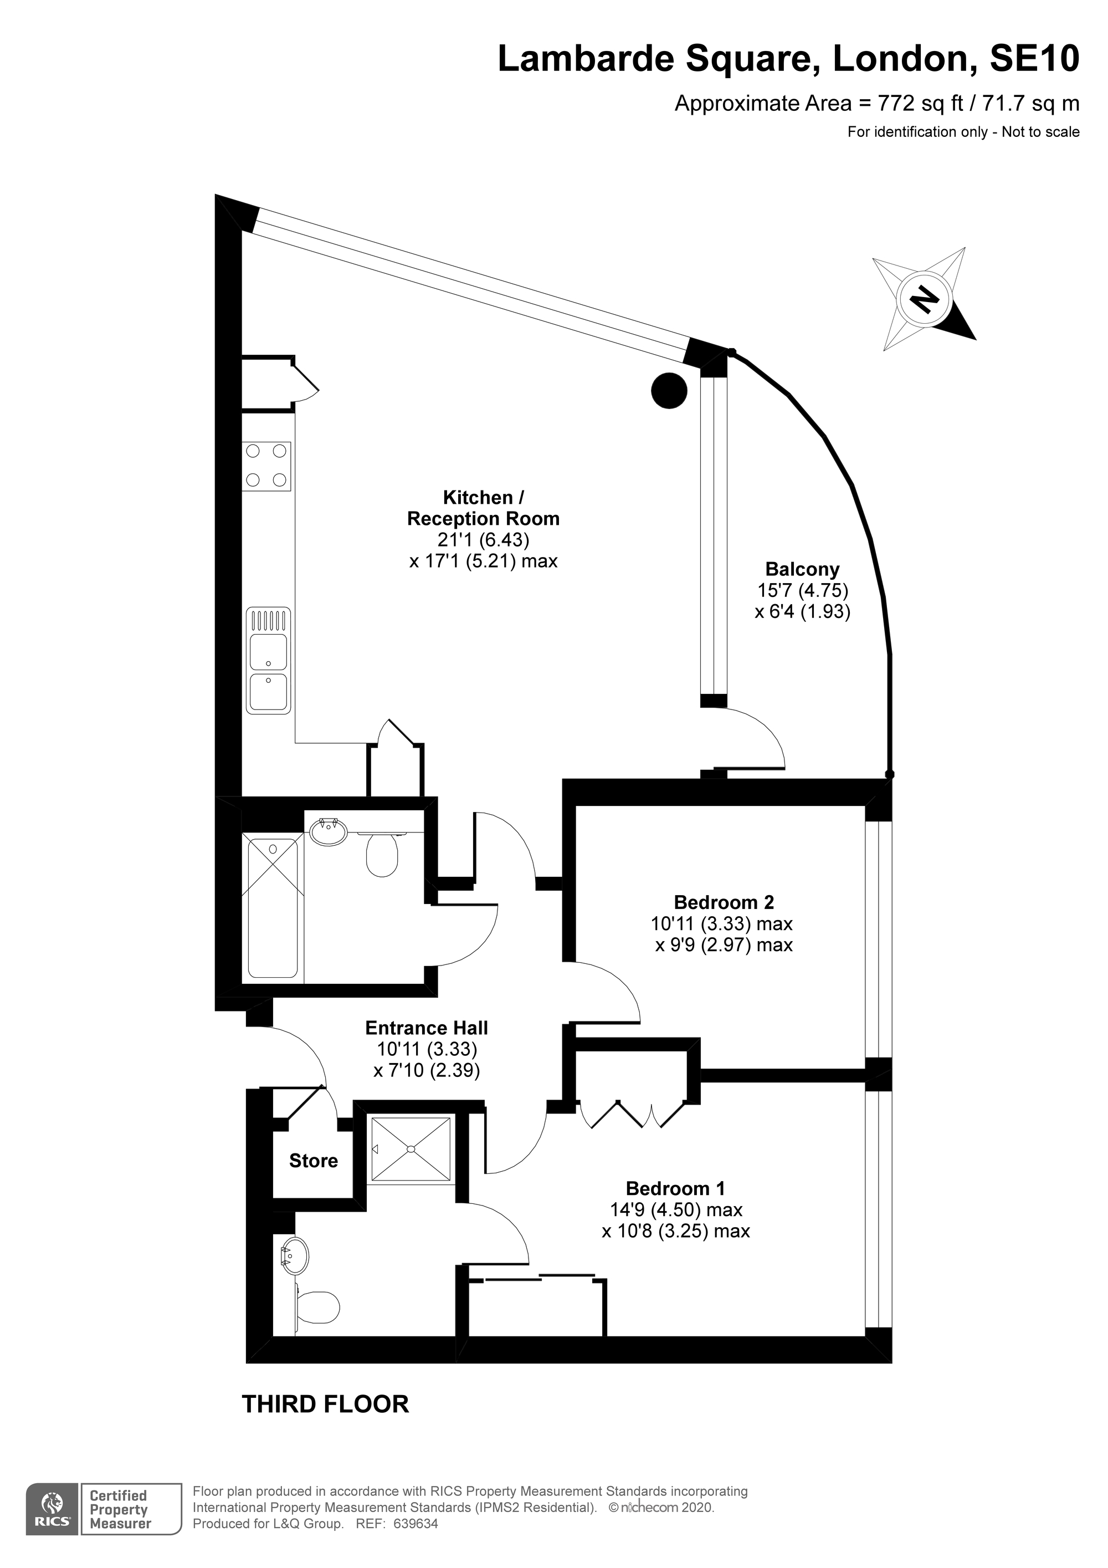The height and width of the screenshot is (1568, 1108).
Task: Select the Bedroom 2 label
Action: coord(724,902)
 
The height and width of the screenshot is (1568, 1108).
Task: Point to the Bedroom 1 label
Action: coord(676,1188)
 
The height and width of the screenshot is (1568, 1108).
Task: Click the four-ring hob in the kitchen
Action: coord(266,467)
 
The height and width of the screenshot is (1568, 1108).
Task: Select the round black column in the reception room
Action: coord(669,391)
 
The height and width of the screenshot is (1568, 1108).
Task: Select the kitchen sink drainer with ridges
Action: coord(268,620)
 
